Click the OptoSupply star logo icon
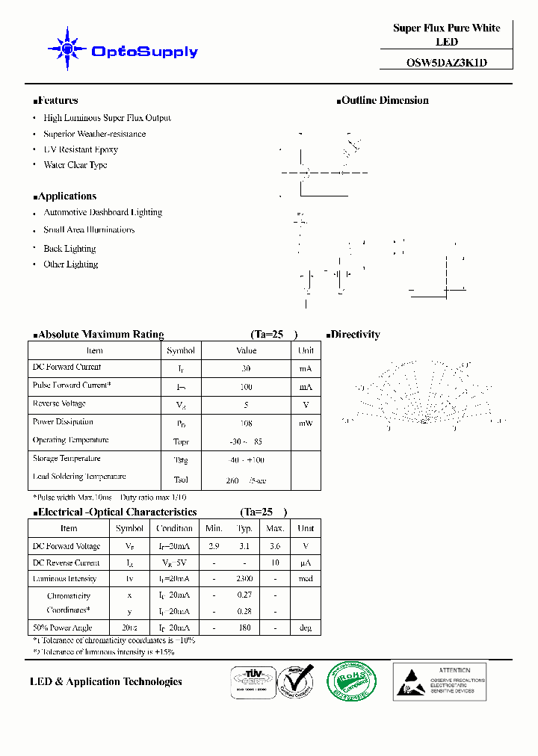pyautogui.click(x=68, y=49)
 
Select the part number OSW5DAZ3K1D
pyautogui.click(x=447, y=63)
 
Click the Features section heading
pyautogui.click(x=57, y=100)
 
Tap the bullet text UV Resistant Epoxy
pyautogui.click(x=81, y=149)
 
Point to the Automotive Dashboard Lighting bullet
pyautogui.click(x=102, y=212)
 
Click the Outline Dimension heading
pyautogui.click(x=384, y=100)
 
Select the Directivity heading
pyautogui.click(x=354, y=335)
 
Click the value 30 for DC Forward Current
pyautogui.click(x=246, y=368)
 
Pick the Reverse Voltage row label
pyautogui.click(x=59, y=403)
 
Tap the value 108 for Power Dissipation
pyautogui.click(x=246, y=423)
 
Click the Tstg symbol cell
pyautogui.click(x=181, y=460)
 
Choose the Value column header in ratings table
pyautogui.click(x=246, y=350)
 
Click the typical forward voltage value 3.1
pyautogui.click(x=244, y=546)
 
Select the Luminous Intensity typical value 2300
pyautogui.click(x=244, y=579)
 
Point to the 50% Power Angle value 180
pyautogui.click(x=244, y=628)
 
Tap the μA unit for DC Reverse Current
pyautogui.click(x=306, y=563)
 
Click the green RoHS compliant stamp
pyautogui.click(x=350, y=681)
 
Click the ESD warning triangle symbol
pyautogui.click(x=413, y=683)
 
